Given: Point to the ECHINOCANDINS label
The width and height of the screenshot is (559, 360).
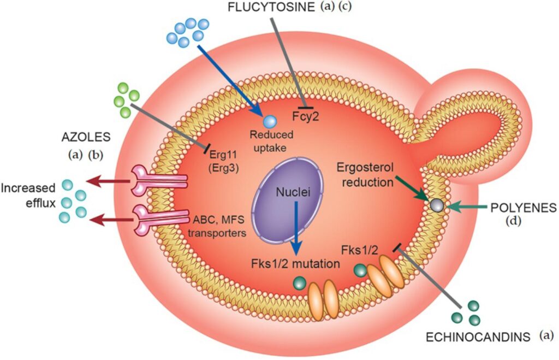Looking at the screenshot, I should [478, 337].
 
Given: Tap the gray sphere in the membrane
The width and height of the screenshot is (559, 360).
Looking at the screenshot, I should [437, 205].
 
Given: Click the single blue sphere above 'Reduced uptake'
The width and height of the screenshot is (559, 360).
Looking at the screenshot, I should [269, 122].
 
